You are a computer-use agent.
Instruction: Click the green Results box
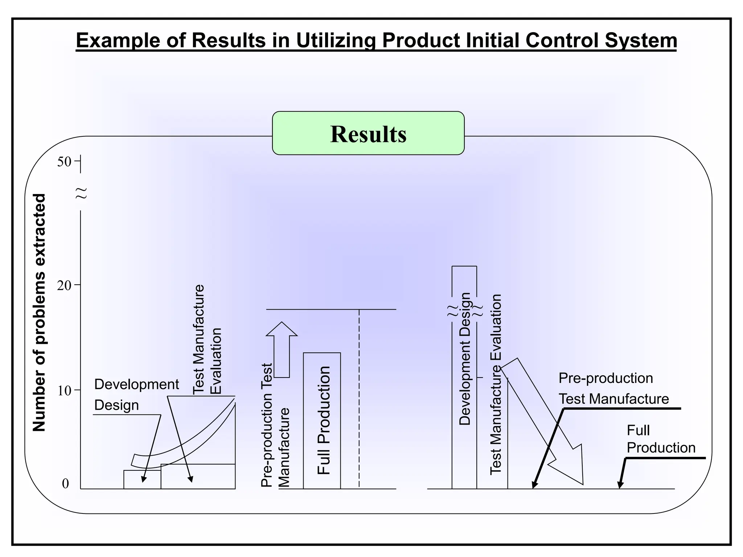tap(368, 133)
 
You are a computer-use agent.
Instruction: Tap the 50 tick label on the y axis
tap(64, 162)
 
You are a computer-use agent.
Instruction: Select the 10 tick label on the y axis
tap(64, 391)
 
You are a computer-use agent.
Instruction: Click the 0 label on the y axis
tap(65, 484)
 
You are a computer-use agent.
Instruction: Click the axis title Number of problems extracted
tap(39, 313)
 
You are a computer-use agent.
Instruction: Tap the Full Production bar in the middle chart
tap(322, 421)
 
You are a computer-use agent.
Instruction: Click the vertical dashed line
tap(359, 399)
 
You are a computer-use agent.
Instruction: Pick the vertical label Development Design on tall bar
tap(465, 359)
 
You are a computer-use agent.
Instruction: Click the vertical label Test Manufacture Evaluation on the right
tap(496, 384)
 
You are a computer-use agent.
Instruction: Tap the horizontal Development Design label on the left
tap(136, 395)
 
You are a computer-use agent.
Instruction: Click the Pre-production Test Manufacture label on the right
tap(613, 388)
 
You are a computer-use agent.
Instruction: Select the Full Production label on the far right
tap(660, 439)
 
